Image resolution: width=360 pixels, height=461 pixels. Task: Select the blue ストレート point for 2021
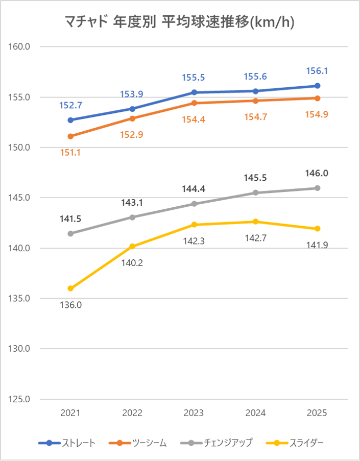click(70, 120)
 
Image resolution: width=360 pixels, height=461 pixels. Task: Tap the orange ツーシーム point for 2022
click(132, 118)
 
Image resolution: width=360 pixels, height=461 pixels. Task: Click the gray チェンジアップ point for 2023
click(194, 204)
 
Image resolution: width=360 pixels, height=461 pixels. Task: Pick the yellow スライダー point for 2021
click(70, 288)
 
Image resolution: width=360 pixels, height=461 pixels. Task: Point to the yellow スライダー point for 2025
click(317, 228)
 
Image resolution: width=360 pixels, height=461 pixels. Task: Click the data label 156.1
click(317, 71)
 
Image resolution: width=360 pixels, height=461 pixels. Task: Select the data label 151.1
click(70, 152)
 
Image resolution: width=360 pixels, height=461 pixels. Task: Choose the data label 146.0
click(317, 173)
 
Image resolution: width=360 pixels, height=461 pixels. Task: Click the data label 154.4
click(194, 119)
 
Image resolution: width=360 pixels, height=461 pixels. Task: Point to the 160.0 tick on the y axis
click(20, 47)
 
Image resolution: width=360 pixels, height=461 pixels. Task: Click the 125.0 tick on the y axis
click(20, 399)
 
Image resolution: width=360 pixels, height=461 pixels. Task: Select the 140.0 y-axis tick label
click(20, 248)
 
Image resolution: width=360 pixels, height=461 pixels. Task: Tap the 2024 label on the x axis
click(255, 413)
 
